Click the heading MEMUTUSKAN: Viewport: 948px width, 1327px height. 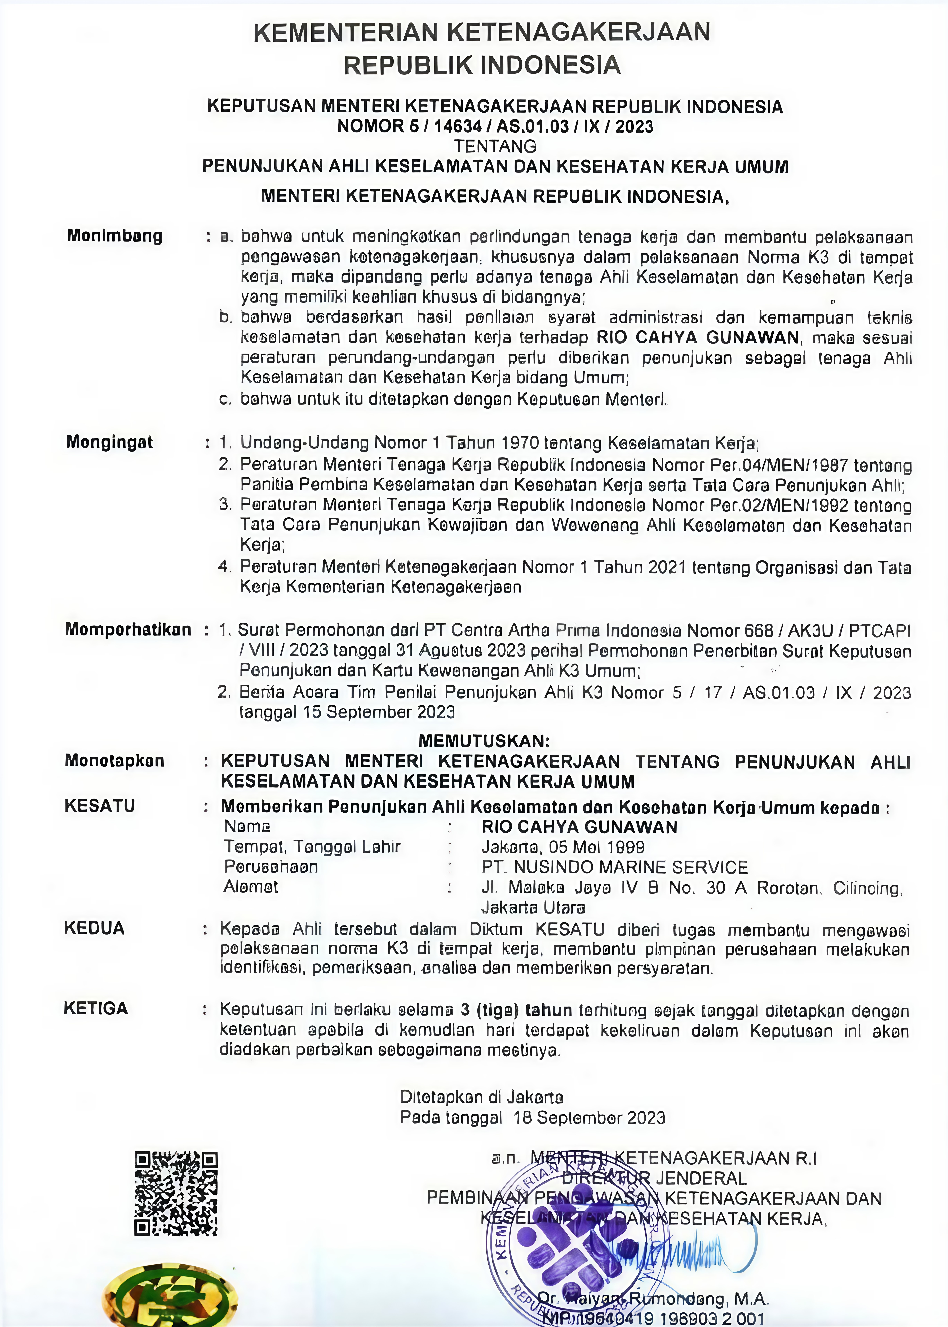point(484,741)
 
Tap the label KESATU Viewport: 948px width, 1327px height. point(100,806)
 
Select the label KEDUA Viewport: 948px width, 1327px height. point(95,928)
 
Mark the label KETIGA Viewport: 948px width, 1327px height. point(96,1008)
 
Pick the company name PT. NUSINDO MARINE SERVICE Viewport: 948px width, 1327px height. point(615,867)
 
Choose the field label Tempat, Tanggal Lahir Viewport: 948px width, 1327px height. point(312,847)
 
